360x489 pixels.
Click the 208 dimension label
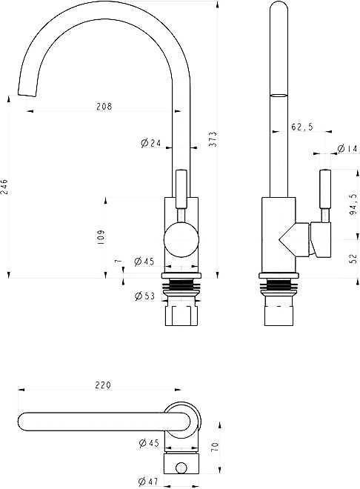tap(104, 107)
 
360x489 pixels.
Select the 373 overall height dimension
tap(213, 139)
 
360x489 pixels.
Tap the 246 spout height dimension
tap(4, 187)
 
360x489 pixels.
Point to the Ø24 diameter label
tap(150, 143)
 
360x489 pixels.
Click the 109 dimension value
tap(101, 237)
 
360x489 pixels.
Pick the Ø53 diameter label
tap(144, 296)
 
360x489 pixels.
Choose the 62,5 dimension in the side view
tap(302, 127)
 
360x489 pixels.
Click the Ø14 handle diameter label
tap(347, 148)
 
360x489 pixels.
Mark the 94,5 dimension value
tap(354, 204)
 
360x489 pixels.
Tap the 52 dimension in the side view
tap(353, 259)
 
